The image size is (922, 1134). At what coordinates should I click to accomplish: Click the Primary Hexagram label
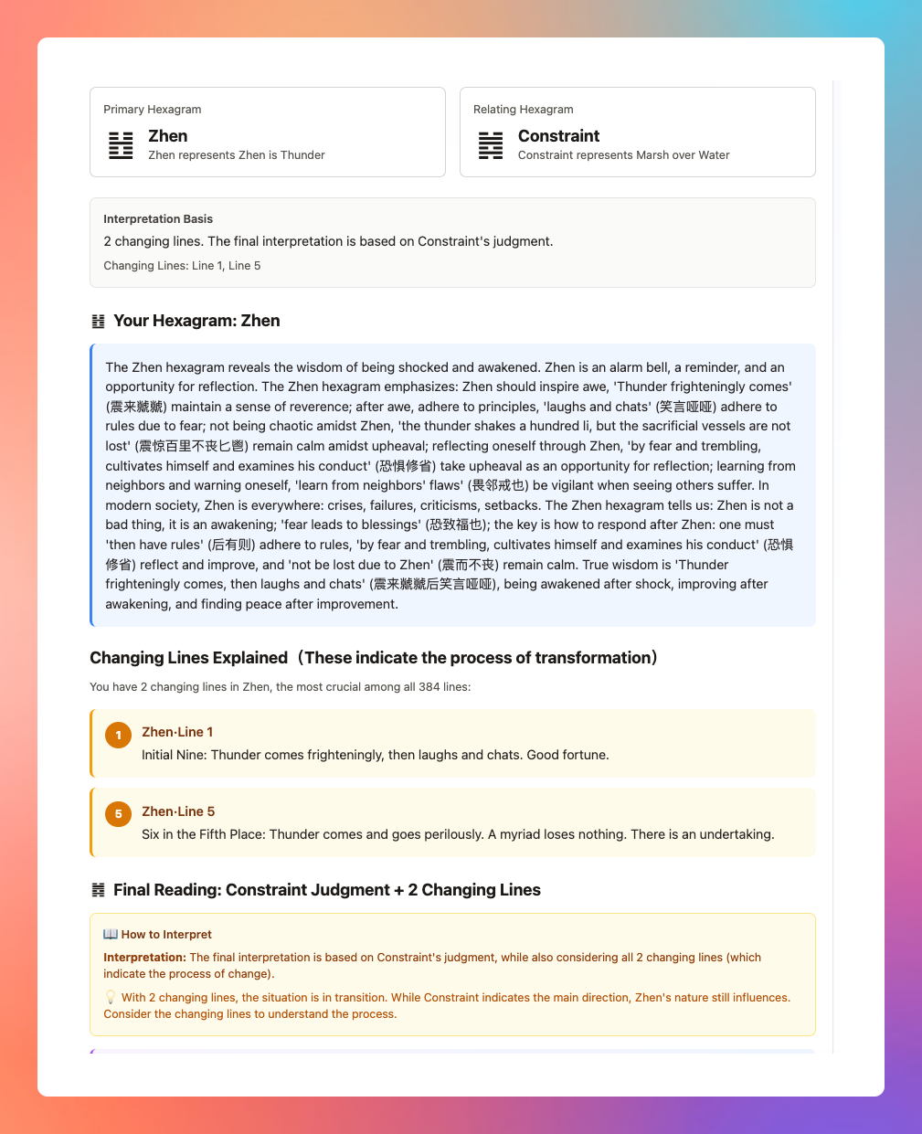pos(152,110)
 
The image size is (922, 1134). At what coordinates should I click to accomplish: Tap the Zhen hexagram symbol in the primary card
pos(121,145)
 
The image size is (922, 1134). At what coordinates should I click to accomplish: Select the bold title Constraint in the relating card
pos(558,136)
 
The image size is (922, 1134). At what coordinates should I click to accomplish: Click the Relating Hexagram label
pos(523,110)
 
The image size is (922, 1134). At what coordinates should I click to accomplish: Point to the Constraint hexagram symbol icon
pos(491,145)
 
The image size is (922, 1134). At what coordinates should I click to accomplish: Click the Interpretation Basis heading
pos(158,219)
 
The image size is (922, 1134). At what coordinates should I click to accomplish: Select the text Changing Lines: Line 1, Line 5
pos(182,266)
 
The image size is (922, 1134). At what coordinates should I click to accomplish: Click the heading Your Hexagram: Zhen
pos(196,321)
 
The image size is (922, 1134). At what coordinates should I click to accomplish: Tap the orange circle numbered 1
pos(118,735)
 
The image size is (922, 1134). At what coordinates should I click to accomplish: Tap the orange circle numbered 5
pos(118,813)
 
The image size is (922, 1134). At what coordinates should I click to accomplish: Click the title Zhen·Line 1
pos(177,732)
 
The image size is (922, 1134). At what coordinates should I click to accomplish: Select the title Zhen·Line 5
pos(178,811)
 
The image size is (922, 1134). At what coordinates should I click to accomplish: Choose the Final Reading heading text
pos(326,890)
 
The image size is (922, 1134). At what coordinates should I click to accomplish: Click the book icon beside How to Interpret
pos(111,934)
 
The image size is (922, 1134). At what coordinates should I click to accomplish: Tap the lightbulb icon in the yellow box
pos(111,997)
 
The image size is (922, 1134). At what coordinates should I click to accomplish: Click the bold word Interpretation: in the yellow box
pos(144,958)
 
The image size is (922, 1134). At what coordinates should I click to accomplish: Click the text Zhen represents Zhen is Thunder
pos(237,155)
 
